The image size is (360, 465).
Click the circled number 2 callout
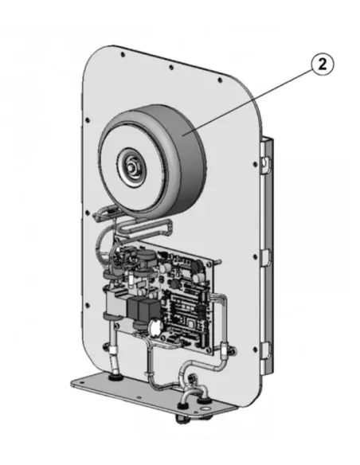tap(322, 64)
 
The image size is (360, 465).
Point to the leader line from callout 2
tap(248, 102)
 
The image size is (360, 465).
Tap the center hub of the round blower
tap(131, 167)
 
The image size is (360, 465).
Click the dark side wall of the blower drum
tap(190, 154)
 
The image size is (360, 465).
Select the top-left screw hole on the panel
tap(123, 55)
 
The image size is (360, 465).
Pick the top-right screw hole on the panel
tap(220, 80)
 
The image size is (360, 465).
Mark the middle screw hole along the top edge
tap(171, 68)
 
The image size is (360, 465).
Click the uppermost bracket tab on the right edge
tap(265, 162)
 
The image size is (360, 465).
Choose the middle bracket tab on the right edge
tap(266, 256)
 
